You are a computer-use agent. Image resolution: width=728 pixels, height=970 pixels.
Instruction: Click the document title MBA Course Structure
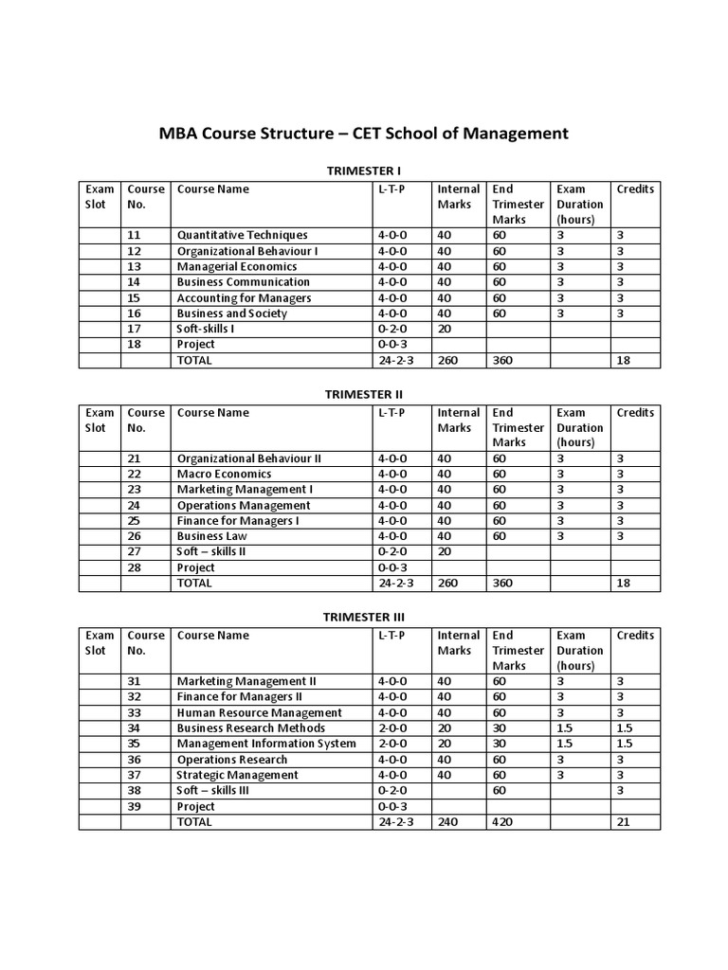point(363,134)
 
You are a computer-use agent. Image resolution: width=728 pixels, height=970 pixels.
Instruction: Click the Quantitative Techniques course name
point(242,235)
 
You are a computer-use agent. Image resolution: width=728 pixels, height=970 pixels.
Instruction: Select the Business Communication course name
point(243,282)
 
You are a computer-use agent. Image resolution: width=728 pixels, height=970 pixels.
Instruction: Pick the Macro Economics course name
point(224,474)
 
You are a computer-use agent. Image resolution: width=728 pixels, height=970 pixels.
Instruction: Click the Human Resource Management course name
point(259,712)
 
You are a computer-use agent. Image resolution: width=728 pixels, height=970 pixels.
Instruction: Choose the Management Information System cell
point(266,744)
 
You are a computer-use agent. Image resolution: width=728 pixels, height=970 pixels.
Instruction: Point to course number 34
point(133,728)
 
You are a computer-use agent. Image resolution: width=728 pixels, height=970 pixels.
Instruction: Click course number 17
point(133,329)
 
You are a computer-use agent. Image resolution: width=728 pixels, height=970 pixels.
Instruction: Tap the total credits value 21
point(624,822)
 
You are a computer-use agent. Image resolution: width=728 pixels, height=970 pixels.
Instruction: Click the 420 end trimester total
point(501,822)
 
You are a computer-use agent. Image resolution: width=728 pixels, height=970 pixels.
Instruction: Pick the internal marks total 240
point(447,822)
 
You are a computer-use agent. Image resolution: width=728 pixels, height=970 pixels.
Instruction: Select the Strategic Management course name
point(237,775)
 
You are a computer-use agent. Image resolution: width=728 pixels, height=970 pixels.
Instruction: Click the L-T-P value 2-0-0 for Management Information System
point(392,744)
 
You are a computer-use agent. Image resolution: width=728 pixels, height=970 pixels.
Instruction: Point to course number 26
point(133,536)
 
